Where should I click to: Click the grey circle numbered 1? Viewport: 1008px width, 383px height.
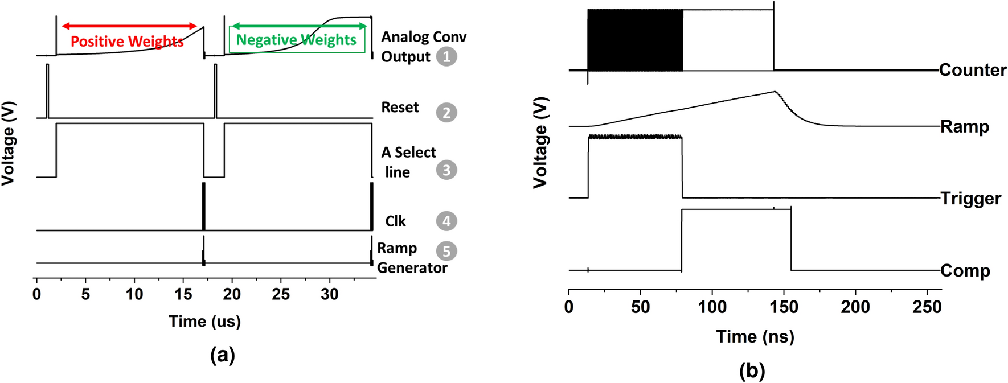pos(446,56)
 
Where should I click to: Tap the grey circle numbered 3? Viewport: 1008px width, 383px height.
pos(446,170)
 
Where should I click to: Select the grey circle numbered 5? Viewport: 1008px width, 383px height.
pos(446,251)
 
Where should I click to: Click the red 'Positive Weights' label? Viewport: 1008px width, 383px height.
pos(127,42)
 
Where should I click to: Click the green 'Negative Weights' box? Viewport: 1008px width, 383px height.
pos(297,40)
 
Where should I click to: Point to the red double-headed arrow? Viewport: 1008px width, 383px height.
pos(129,26)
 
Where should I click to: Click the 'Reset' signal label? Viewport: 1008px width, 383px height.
pos(400,108)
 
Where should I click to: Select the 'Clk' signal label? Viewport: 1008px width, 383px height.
pos(395,221)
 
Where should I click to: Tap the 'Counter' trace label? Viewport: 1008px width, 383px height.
pos(972,70)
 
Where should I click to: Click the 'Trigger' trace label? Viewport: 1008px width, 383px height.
pos(970,199)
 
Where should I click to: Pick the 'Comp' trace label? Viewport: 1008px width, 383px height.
pos(965,271)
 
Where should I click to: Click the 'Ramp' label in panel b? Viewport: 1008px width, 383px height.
pos(964,126)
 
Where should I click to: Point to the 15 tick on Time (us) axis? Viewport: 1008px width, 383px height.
pos(183,294)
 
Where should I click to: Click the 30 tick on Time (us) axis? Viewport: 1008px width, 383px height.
pos(330,294)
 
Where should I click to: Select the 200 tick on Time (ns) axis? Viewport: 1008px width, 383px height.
pos(855,307)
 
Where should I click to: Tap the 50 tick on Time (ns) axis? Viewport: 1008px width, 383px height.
pos(640,307)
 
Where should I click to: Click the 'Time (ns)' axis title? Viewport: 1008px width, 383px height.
pos(755,336)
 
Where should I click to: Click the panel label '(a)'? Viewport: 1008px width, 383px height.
pos(222,355)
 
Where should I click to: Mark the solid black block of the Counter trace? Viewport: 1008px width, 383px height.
pos(635,40)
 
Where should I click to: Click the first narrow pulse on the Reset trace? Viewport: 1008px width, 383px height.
pos(47,91)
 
